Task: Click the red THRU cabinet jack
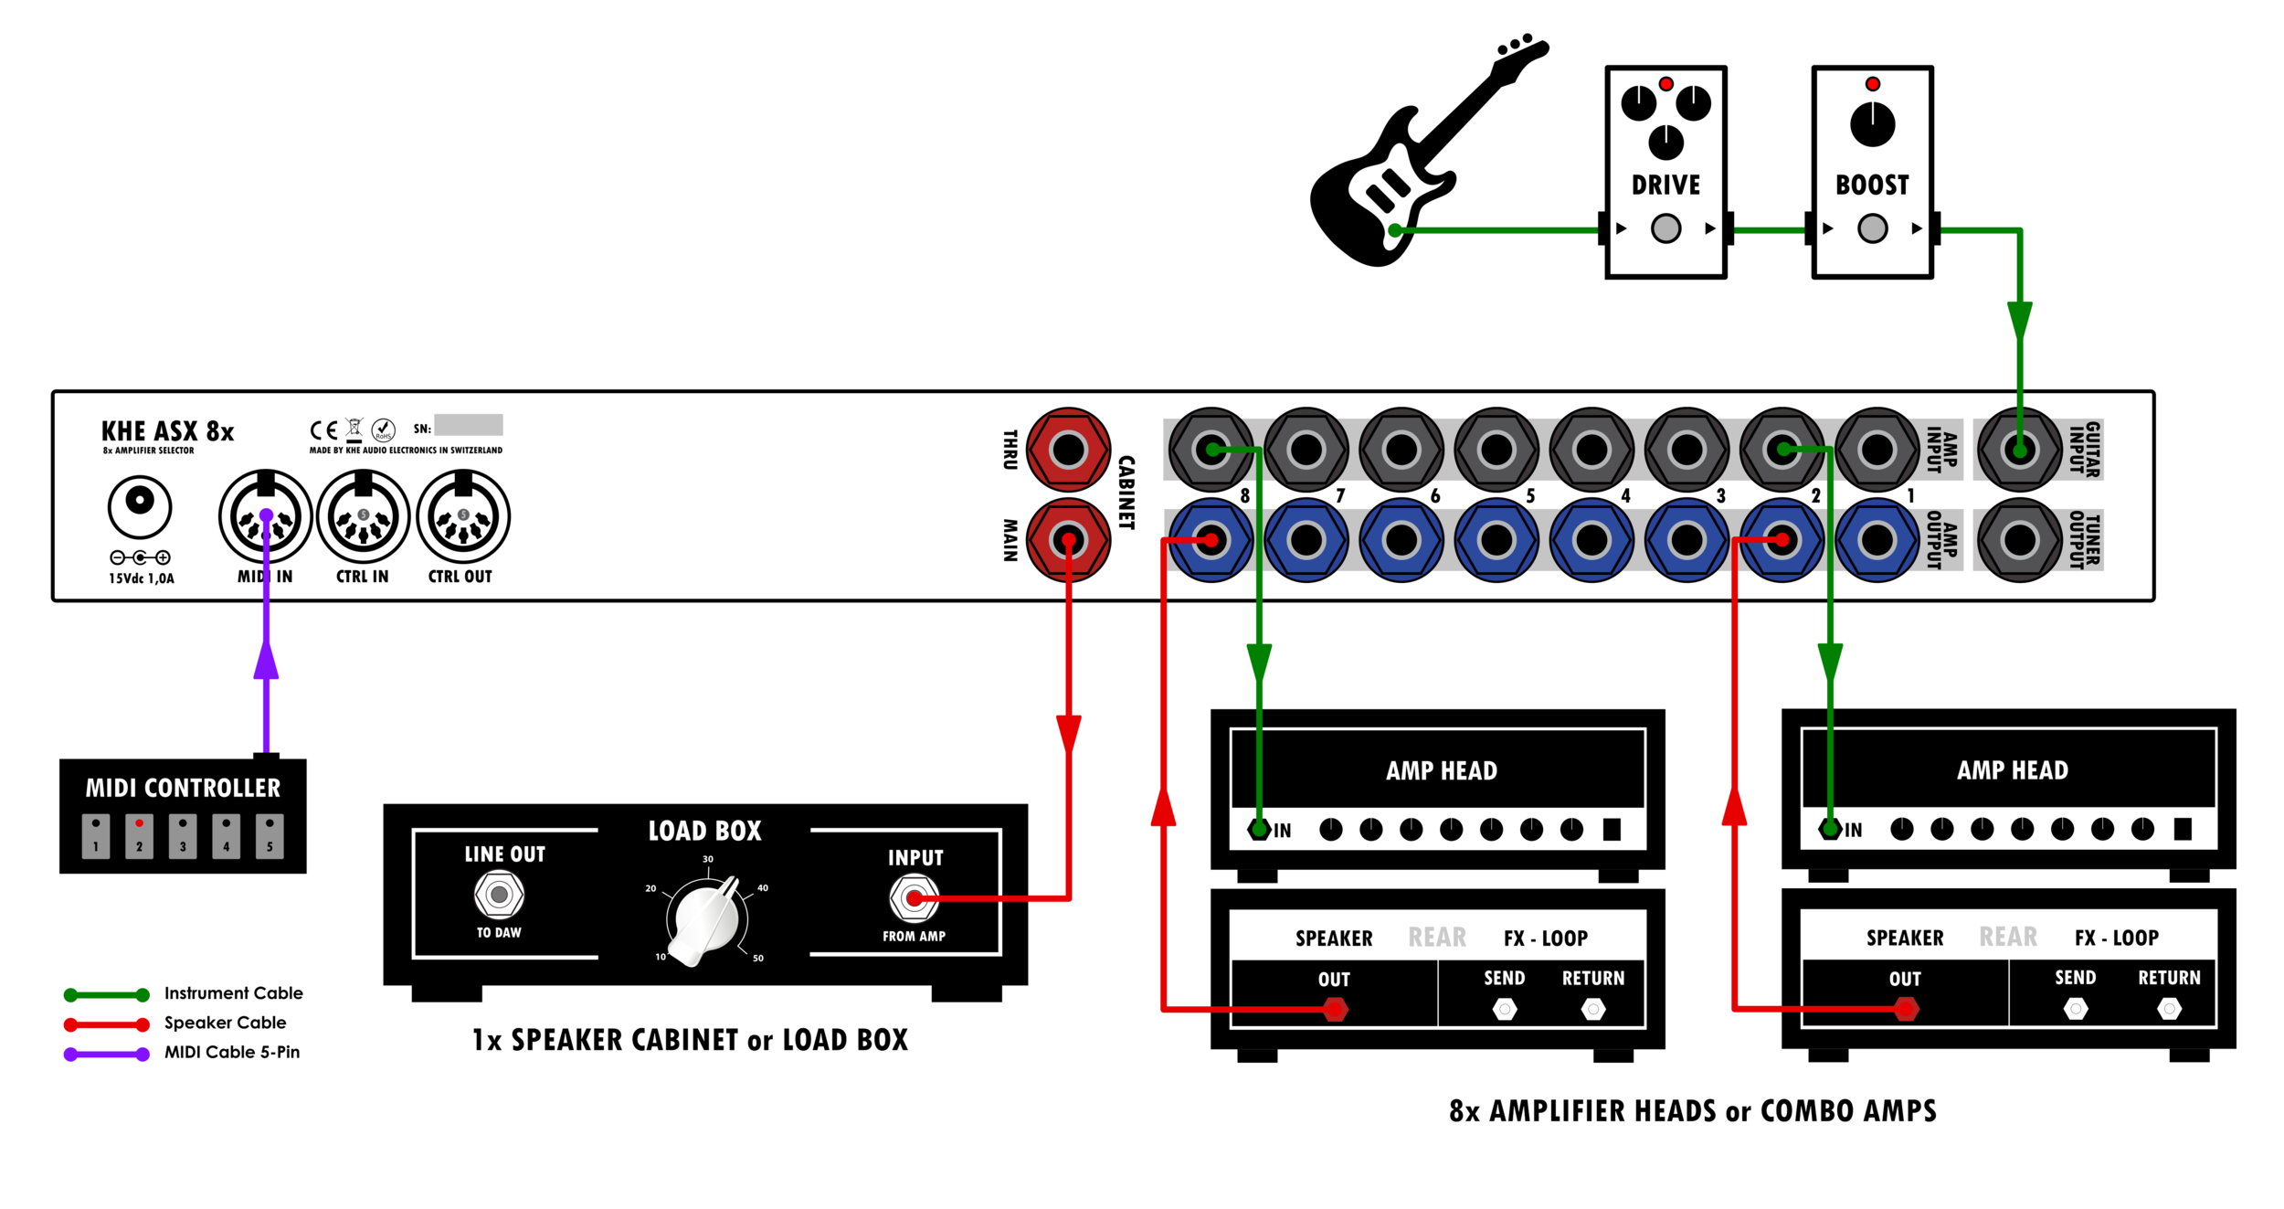[1068, 450]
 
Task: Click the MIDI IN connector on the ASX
[266, 517]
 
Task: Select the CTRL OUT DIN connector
[463, 517]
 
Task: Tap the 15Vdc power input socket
[140, 504]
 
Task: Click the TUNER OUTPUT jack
[2019, 541]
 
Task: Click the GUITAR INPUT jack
[2019, 450]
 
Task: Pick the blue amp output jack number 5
[1496, 541]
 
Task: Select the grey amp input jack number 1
[1877, 450]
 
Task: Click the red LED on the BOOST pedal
[1872, 84]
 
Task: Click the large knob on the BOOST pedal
[1872, 124]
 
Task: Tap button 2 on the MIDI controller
[139, 835]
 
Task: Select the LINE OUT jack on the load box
[499, 895]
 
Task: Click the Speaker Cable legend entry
[225, 1023]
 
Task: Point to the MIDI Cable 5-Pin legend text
[232, 1052]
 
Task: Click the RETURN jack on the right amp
[2169, 1009]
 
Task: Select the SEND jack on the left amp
[1504, 1009]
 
